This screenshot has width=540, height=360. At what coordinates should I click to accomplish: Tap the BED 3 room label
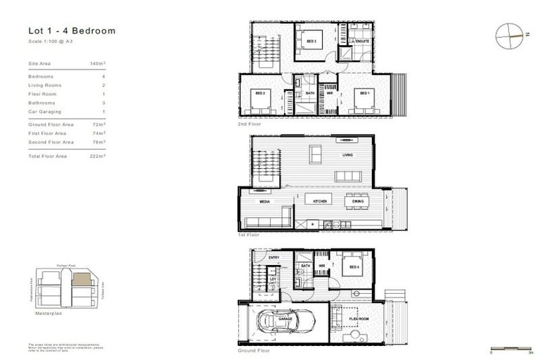[311, 41]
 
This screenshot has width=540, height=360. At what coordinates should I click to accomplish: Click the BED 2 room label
[259, 93]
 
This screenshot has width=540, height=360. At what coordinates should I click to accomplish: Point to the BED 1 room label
[364, 93]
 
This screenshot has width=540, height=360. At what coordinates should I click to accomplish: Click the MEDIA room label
[265, 201]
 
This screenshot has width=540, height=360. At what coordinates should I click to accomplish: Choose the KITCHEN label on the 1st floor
[320, 201]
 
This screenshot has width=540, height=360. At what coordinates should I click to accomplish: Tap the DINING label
[358, 201]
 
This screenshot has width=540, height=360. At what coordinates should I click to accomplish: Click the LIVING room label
[347, 155]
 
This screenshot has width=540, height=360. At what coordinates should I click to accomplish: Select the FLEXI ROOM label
[359, 319]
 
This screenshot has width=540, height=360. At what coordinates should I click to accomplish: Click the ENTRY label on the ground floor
[274, 257]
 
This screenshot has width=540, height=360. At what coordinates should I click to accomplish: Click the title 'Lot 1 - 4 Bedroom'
[72, 31]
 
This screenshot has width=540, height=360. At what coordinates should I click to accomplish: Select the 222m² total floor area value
[98, 156]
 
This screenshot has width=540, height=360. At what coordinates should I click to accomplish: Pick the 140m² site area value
[98, 63]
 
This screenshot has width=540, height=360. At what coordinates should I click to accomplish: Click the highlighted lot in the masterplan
[82, 279]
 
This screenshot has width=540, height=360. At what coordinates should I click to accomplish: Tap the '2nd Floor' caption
[250, 123]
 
